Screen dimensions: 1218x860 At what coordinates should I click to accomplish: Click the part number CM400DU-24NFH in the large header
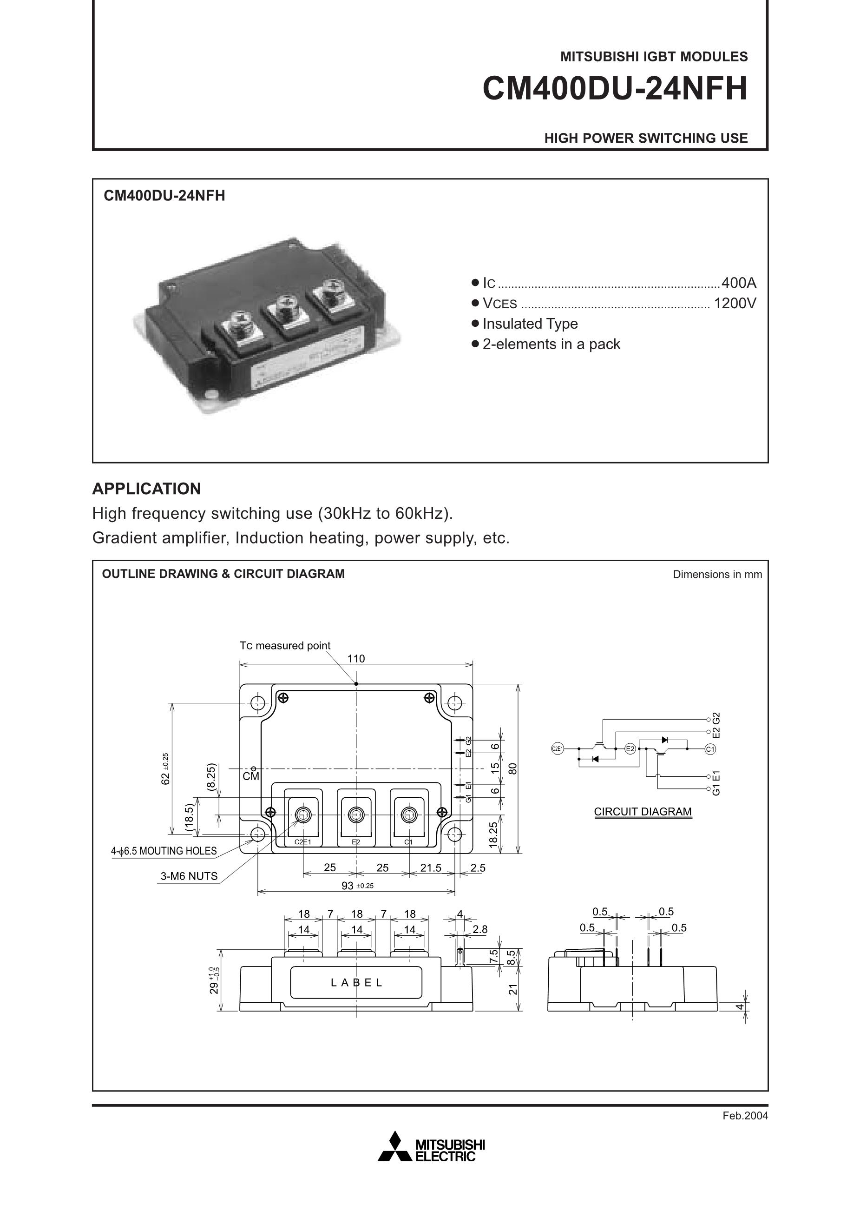click(x=615, y=89)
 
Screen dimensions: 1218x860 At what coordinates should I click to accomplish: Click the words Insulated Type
click(x=530, y=324)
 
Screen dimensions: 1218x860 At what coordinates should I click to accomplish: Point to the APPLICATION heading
click(x=146, y=489)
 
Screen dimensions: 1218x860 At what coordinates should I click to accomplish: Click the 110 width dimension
click(x=356, y=659)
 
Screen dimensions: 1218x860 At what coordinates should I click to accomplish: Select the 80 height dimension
click(x=512, y=768)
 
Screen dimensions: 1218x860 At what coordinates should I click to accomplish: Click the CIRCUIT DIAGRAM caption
click(x=643, y=812)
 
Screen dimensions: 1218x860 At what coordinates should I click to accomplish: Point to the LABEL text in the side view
click(x=356, y=982)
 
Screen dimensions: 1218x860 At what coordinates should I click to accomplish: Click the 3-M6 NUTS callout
click(x=189, y=876)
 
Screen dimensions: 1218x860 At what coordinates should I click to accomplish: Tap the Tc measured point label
click(x=285, y=646)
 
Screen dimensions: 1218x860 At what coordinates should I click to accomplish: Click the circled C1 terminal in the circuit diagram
click(x=710, y=749)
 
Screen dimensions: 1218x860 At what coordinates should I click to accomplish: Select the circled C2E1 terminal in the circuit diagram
click(x=557, y=749)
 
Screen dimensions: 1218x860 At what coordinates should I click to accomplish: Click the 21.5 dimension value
click(x=431, y=868)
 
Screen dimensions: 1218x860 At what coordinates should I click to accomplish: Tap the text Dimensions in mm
click(x=717, y=574)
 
